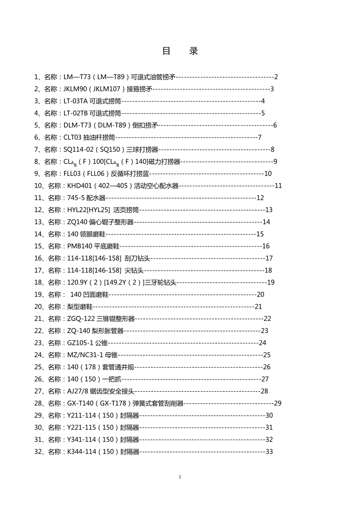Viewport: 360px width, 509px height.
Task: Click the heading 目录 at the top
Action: pos(180,51)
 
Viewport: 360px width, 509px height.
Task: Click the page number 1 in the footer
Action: pos(180,477)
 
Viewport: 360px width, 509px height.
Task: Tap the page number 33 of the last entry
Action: pos(269,451)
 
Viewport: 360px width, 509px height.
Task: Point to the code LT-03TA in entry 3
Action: pos(76,101)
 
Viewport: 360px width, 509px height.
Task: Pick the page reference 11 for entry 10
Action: pos(278,186)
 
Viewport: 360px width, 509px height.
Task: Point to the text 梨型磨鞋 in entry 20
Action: pos(80,307)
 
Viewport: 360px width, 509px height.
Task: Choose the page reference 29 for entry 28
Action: pos(278,403)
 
